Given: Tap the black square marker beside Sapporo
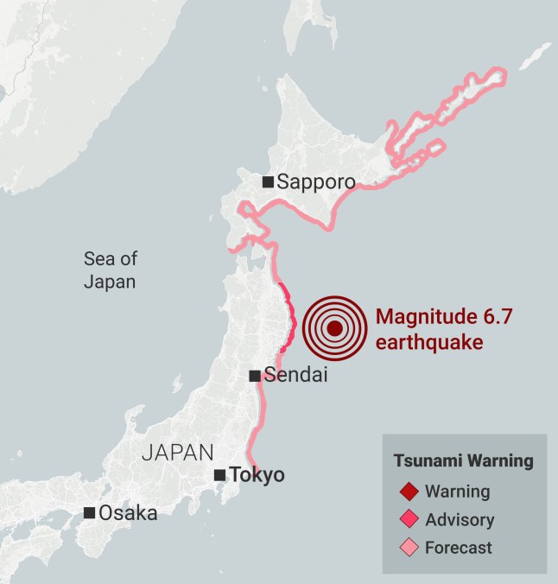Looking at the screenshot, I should click(x=269, y=181).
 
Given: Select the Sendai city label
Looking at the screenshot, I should click(x=295, y=376).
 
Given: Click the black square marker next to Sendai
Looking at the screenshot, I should click(x=255, y=376).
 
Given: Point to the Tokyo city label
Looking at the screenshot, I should click(x=257, y=475).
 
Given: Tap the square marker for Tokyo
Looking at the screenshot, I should click(x=220, y=475).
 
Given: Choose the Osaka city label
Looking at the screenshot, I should click(x=128, y=512).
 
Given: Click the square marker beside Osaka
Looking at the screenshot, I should click(x=89, y=512).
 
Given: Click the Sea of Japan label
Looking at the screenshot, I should click(x=111, y=270).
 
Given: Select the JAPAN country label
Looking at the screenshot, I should click(x=177, y=452).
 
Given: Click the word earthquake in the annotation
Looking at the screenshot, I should click(x=428, y=342).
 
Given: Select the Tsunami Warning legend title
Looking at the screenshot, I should click(x=463, y=460).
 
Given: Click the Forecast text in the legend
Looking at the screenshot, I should click(x=458, y=547).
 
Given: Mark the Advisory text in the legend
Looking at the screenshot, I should click(x=460, y=519).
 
